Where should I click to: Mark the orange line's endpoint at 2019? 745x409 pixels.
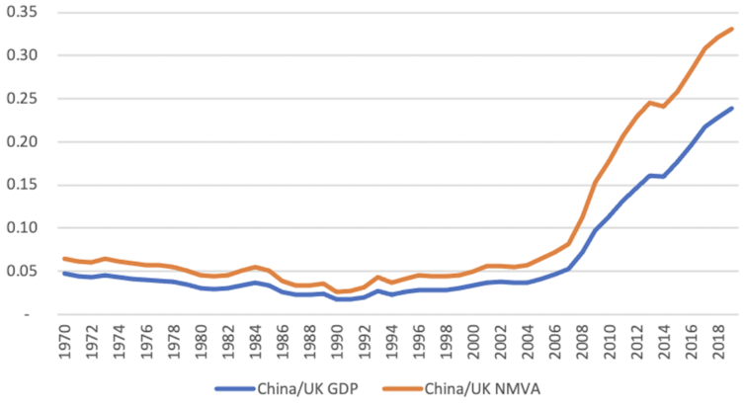pyautogui.click(x=731, y=29)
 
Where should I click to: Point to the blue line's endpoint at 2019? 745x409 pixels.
pyautogui.click(x=731, y=108)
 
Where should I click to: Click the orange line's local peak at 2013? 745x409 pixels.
pyautogui.click(x=650, y=102)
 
